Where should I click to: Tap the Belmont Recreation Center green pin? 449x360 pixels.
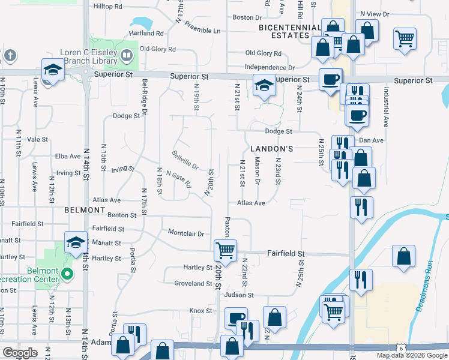point(67,275)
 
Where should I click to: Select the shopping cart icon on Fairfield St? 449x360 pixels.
point(225,250)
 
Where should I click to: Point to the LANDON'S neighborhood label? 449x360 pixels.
point(268,148)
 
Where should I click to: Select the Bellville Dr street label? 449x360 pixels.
point(185,160)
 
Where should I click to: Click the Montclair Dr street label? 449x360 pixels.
point(186,233)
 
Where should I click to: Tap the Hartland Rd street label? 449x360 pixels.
point(146,33)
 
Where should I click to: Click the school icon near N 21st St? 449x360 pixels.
point(263,85)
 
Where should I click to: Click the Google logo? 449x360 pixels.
point(20,353)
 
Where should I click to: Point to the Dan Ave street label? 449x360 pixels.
point(371,140)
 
